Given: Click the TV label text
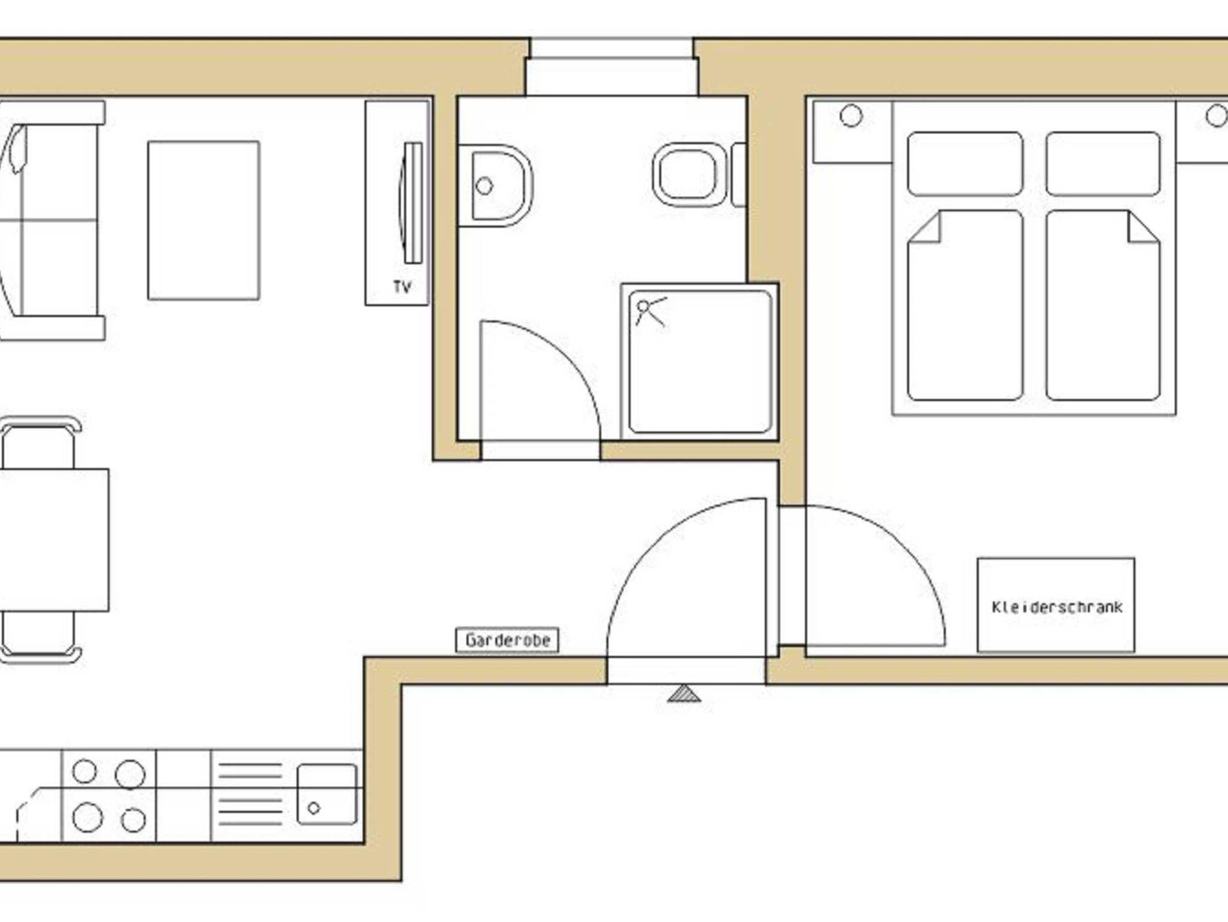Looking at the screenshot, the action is (x=402, y=287).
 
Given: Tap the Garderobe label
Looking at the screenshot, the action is (x=507, y=640).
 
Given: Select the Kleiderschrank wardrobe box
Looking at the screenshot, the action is (x=1056, y=605).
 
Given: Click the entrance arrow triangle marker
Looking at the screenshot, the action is (x=684, y=694).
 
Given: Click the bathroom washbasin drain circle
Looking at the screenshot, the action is (x=484, y=186).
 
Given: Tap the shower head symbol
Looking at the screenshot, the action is (x=650, y=311).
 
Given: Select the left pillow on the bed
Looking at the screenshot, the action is (x=965, y=164).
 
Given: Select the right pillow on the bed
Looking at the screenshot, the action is (x=1103, y=164).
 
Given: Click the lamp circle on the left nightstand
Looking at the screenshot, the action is (x=851, y=116).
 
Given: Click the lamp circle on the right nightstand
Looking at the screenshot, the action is (x=1217, y=116).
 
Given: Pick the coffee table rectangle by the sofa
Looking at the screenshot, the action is (x=204, y=220).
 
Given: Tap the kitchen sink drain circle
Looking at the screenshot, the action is (x=314, y=808).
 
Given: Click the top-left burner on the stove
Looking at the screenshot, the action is (x=84, y=772).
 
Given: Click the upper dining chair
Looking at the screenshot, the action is (x=40, y=442).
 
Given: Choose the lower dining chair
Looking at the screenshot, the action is (x=40, y=637).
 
